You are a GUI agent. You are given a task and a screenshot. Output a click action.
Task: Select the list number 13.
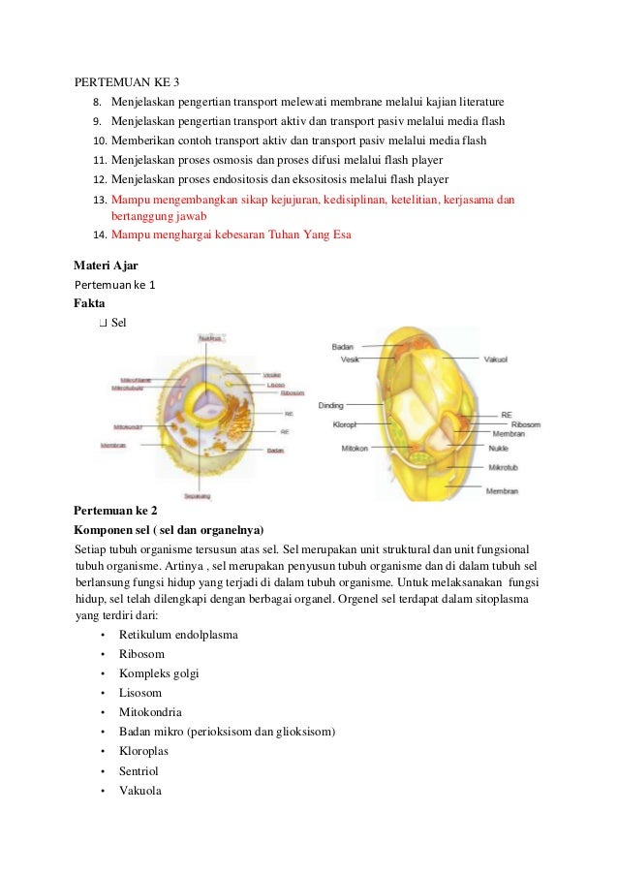pos(98,201)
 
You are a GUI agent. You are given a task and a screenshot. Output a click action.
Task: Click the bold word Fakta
pos(90,303)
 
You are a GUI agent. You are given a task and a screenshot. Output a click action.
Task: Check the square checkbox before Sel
pos(103,322)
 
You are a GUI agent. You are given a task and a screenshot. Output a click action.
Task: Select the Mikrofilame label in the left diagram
pos(135,380)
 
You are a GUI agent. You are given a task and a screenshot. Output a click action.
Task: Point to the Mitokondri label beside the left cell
pos(128,426)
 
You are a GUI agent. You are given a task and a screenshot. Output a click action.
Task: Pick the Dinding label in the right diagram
pos(331,406)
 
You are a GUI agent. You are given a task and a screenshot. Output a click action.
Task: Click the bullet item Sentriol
pos(139,771)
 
